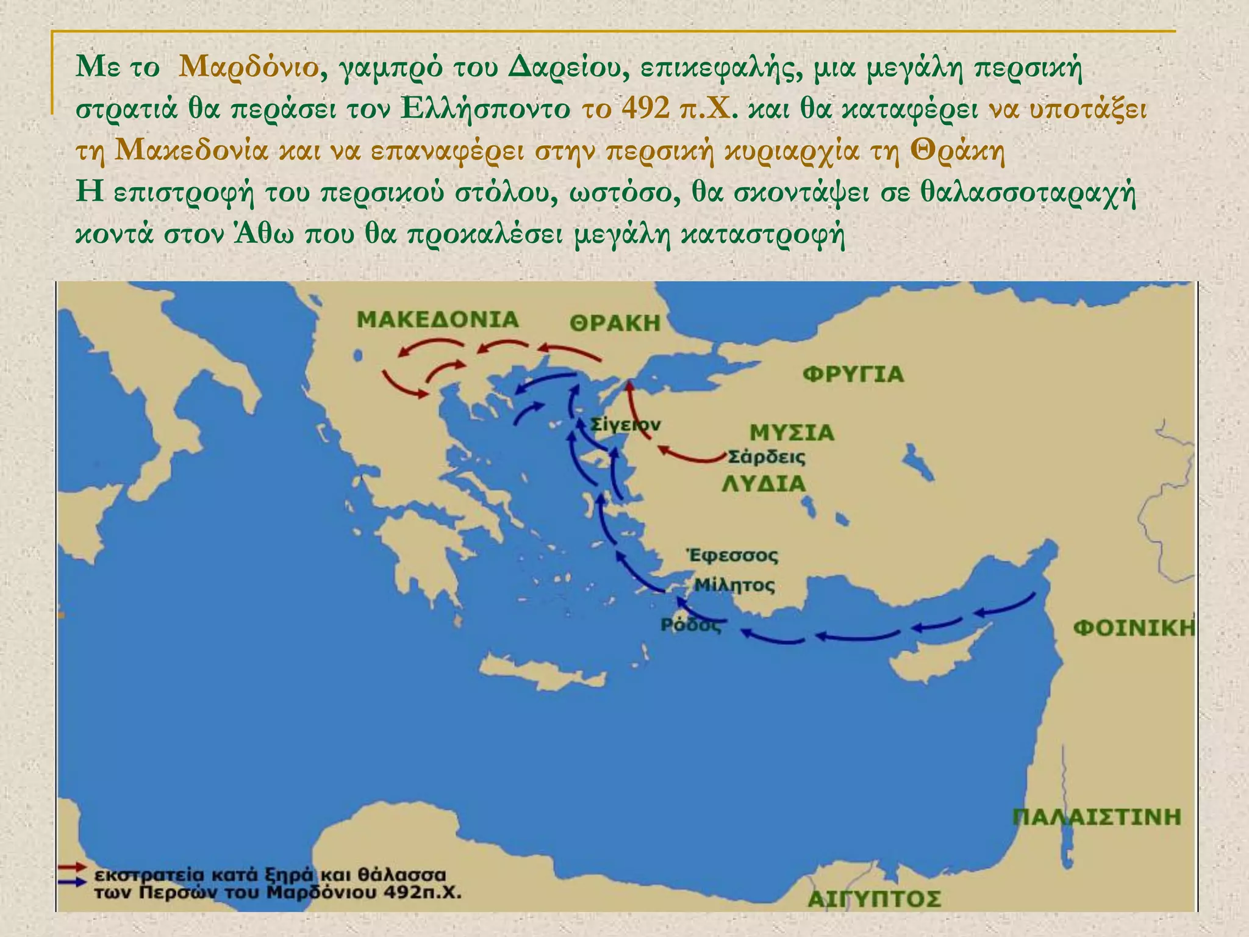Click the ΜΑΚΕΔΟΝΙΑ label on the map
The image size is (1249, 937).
(x=437, y=320)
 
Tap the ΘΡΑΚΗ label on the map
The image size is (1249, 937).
(x=615, y=323)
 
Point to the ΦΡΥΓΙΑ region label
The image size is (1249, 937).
(x=853, y=374)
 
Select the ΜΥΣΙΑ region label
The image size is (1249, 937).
(x=791, y=433)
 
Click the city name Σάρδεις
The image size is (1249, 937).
(x=767, y=457)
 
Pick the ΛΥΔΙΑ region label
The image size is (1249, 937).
(x=764, y=484)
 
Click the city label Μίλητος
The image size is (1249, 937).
(x=735, y=586)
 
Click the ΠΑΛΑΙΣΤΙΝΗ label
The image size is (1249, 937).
(x=1097, y=817)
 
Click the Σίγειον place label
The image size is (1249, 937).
(x=624, y=425)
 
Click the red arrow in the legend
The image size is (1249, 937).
(x=72, y=867)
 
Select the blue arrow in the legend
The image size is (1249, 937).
(x=72, y=882)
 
